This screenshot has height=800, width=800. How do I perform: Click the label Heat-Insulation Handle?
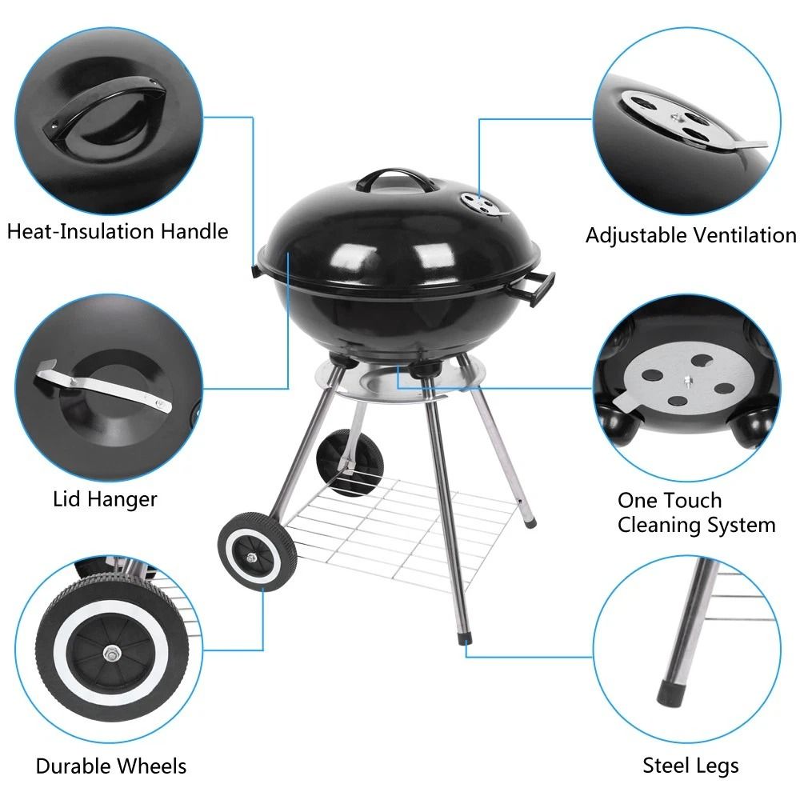[x=118, y=232]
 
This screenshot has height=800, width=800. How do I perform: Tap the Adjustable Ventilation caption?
[x=690, y=235]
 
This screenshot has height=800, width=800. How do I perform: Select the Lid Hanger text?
[x=105, y=499]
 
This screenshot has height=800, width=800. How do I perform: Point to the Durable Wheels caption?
[x=111, y=766]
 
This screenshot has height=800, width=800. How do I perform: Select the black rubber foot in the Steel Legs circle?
[x=669, y=689]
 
